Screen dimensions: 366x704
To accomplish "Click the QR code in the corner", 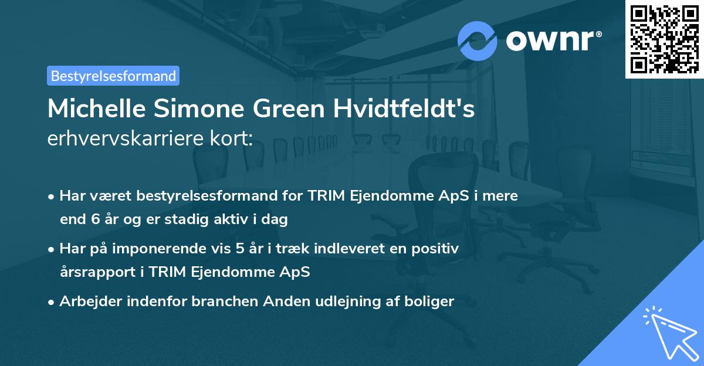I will tap(664, 39).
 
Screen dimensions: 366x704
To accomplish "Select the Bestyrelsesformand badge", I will tap(113, 76).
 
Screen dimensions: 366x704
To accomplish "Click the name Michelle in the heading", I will tap(91, 109).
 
